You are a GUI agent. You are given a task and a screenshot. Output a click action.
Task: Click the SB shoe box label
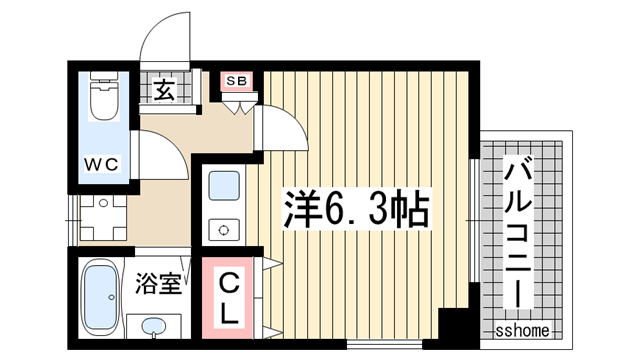coord(238,81)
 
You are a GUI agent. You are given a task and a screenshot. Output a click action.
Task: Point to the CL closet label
coord(229,296)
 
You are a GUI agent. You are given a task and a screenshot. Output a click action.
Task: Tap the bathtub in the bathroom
coord(100,298)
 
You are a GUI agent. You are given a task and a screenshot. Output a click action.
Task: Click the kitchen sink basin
coord(223,187)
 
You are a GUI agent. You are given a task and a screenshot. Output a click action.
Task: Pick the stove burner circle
coord(223,228)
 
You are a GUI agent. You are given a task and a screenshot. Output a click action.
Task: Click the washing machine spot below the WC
coord(103,216)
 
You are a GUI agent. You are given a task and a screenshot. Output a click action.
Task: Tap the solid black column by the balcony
coord(454,327)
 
